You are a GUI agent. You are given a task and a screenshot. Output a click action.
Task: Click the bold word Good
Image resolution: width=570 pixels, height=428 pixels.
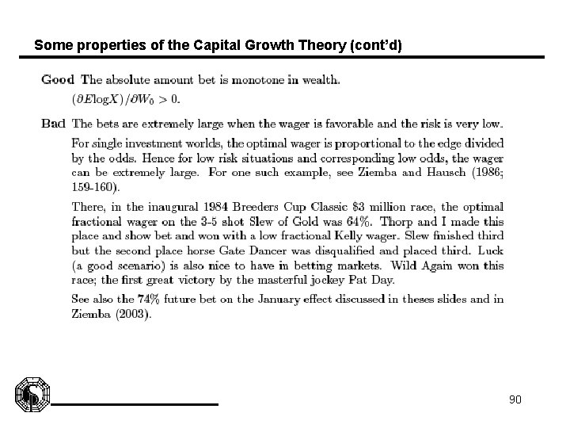(x=58, y=79)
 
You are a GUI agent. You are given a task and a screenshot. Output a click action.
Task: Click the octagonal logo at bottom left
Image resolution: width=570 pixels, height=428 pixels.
(x=32, y=396)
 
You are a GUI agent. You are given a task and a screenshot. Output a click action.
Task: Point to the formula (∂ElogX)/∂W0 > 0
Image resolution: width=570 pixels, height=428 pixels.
(x=127, y=99)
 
